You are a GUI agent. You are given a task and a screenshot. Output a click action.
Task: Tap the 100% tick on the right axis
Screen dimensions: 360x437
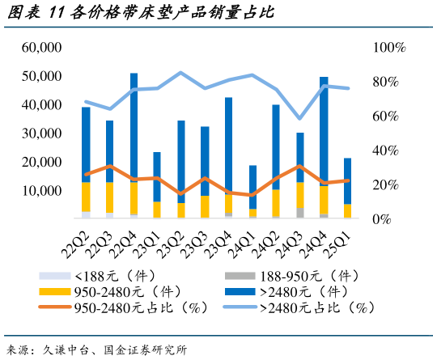click(389, 48)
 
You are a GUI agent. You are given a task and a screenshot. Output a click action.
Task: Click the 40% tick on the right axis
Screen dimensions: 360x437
click(387, 150)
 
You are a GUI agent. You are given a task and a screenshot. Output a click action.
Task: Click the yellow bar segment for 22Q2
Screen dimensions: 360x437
click(86, 197)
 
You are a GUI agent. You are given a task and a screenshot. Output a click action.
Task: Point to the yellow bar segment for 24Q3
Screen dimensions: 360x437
click(300, 195)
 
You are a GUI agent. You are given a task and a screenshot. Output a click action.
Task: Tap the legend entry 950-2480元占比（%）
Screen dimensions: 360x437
click(122, 307)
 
